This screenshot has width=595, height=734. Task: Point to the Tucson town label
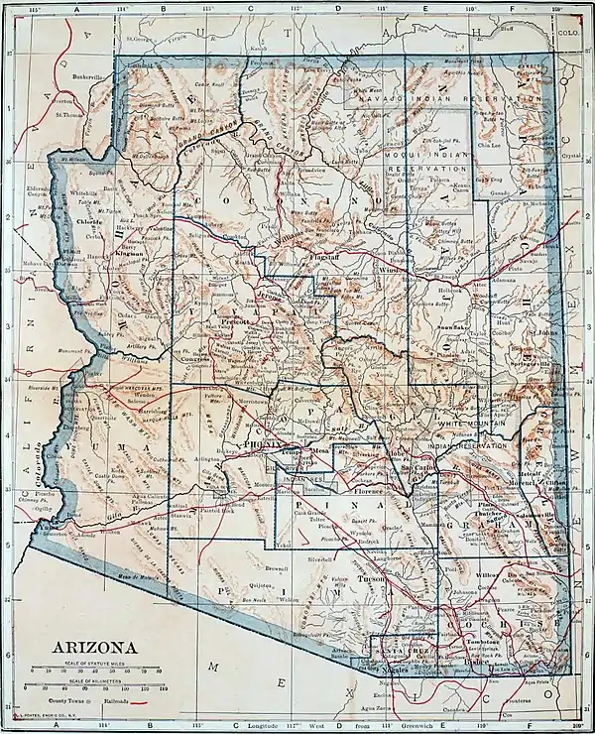[x=371, y=578]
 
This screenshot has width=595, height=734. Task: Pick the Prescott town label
[x=238, y=322]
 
